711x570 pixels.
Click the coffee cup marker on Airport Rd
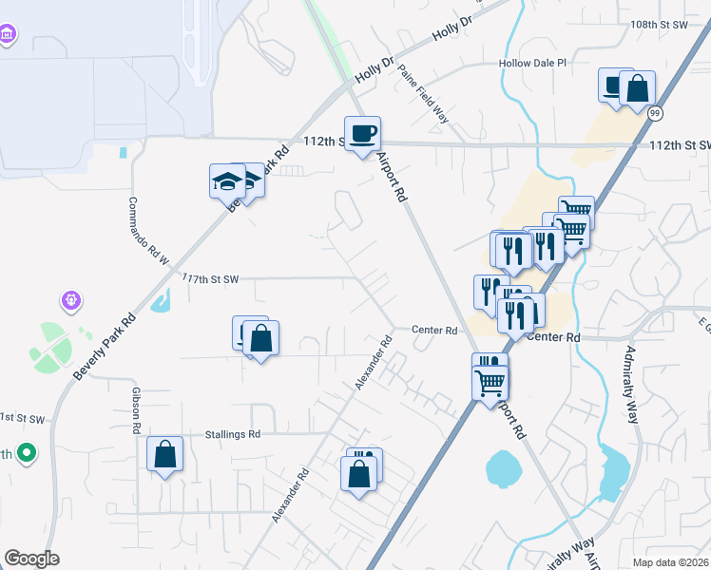pyautogui.click(x=362, y=134)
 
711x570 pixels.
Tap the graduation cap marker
pyautogui.click(x=228, y=180)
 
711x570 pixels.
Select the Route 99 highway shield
pyautogui.click(x=654, y=114)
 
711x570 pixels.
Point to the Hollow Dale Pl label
pyautogui.click(x=532, y=64)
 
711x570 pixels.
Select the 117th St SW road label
pyautogui.click(x=210, y=278)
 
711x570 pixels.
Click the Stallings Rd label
pyautogui.click(x=232, y=434)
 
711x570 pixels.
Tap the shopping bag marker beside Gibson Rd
pyautogui.click(x=165, y=454)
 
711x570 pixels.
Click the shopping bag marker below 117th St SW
pyautogui.click(x=260, y=338)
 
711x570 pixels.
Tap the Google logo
pyautogui.click(x=31, y=559)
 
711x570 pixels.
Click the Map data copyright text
pyautogui.click(x=671, y=562)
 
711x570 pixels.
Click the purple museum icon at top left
pyautogui.click(x=8, y=35)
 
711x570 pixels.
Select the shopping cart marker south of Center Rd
pyautogui.click(x=490, y=381)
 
